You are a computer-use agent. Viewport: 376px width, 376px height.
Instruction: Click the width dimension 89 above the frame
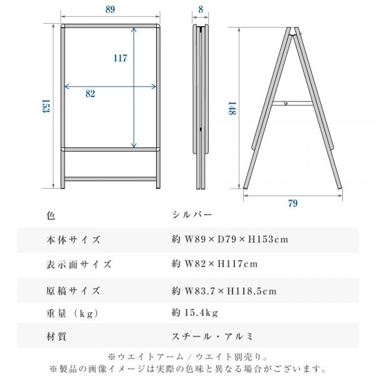click(110, 9)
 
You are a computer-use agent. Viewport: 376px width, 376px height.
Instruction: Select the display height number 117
click(120, 58)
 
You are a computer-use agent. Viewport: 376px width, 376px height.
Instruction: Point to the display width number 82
click(90, 93)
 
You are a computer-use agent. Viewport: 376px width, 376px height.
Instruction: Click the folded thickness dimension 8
click(200, 9)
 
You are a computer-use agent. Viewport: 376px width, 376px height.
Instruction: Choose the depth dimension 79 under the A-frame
click(293, 203)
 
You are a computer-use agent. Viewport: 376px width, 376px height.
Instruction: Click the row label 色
click(51, 216)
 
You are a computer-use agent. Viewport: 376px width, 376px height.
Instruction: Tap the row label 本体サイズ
click(73, 240)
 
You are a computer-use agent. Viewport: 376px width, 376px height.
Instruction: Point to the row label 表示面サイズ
click(79, 264)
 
